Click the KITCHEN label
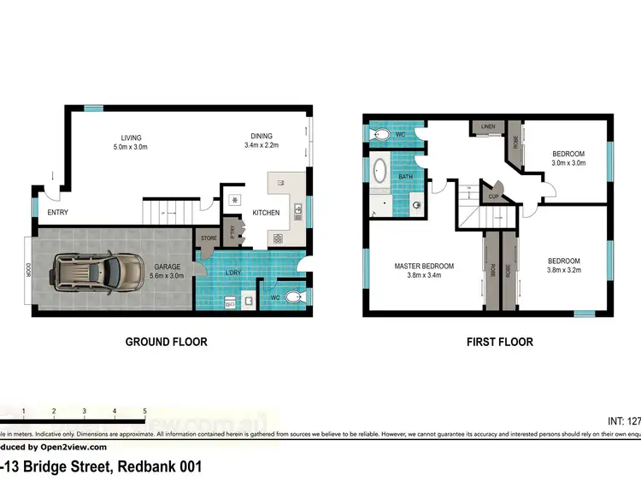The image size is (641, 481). coord(265,213)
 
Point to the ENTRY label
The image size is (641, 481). coord(58,213)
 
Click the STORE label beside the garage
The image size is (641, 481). coord(208,238)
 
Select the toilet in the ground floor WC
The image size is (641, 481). coord(292,297)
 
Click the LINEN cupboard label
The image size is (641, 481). coord(488,126)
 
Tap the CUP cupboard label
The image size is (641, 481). coord(494,196)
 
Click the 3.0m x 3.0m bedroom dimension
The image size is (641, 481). coord(567,162)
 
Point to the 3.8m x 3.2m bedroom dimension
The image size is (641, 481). coord(563,271)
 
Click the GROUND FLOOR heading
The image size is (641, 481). coord(166,342)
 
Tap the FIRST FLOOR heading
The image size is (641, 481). coord(500,342)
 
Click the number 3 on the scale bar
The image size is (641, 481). coord(84,412)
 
